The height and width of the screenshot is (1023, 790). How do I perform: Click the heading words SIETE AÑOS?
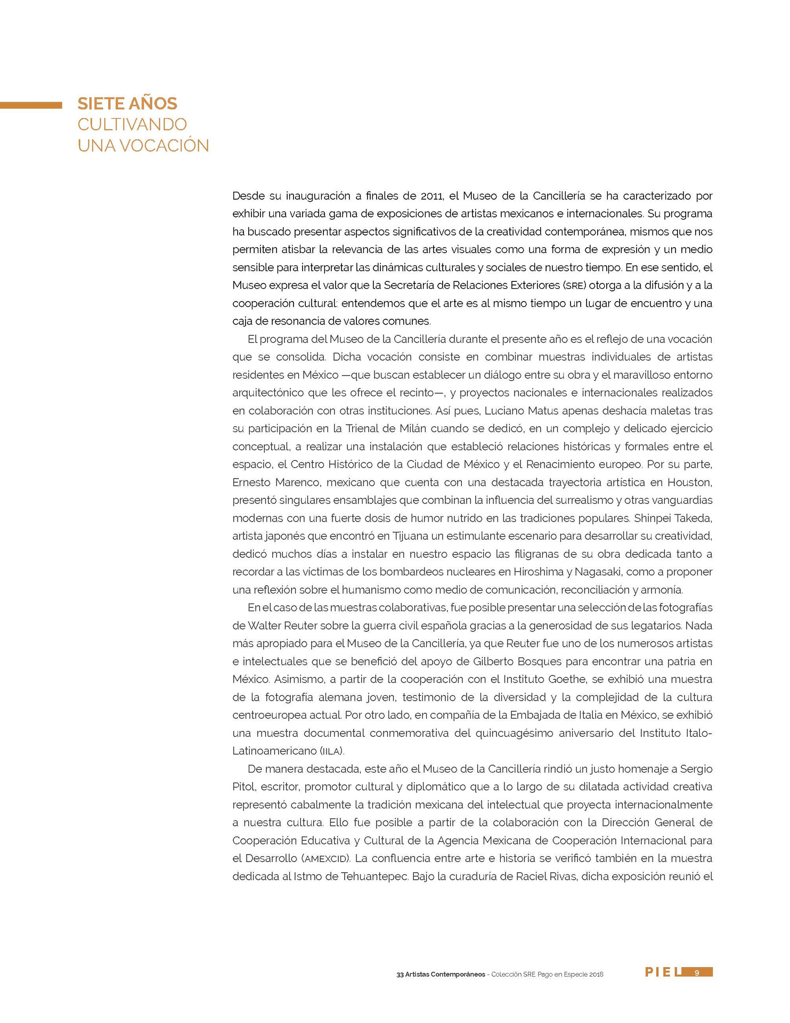point(127,103)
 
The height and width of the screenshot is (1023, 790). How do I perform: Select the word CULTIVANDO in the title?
point(132,124)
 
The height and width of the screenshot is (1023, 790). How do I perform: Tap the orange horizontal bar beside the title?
point(31,105)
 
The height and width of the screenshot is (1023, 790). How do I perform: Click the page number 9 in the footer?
point(696,973)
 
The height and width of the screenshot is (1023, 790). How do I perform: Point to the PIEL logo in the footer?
point(662,972)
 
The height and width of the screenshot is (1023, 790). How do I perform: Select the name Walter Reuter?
point(279,626)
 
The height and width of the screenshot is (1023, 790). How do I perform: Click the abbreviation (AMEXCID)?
point(325,858)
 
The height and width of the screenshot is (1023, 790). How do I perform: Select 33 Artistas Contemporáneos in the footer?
point(441,974)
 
